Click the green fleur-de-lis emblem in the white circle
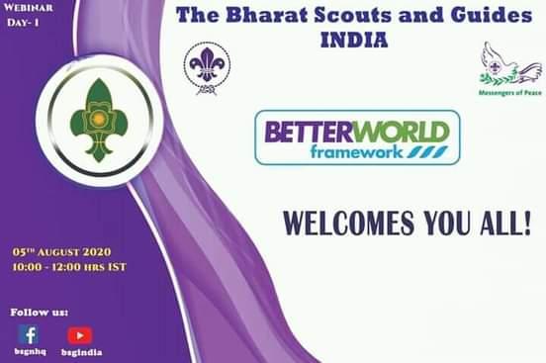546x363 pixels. [99, 120]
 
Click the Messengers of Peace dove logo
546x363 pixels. [509, 64]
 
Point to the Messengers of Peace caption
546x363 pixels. [509, 92]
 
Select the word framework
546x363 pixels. [353, 151]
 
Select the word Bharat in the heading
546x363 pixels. [261, 17]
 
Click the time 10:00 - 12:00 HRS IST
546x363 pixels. [69, 267]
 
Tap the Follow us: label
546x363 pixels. [40, 312]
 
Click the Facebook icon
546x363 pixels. [29, 334]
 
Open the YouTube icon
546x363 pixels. [79, 335]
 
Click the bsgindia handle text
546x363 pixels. [81, 351]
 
